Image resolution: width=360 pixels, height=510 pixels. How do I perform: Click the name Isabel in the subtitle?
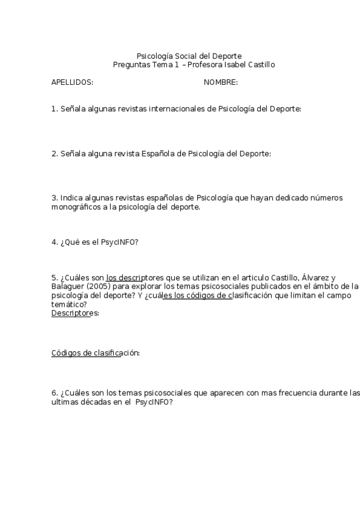tap(234, 65)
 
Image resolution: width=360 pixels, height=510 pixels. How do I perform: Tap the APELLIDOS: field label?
tap(72, 82)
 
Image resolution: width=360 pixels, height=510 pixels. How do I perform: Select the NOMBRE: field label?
tap(221, 82)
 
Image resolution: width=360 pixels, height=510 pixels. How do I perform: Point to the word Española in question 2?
tap(159, 153)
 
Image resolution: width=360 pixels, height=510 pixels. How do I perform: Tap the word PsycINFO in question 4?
tap(120, 242)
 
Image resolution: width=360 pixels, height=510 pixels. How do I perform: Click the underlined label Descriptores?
tap(75, 313)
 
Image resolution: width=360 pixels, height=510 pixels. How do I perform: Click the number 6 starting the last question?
tap(54, 393)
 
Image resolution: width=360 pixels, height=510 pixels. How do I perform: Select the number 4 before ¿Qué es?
tap(54, 242)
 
